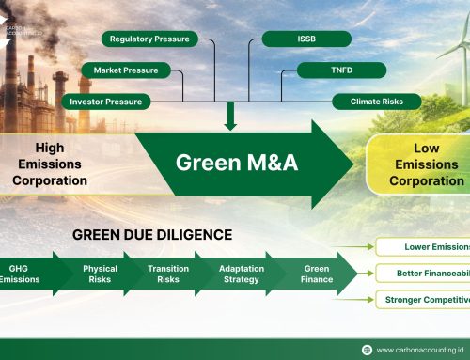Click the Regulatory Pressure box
click(x=149, y=39)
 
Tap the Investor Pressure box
click(x=105, y=101)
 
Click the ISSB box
click(x=305, y=39)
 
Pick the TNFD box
click(x=341, y=70)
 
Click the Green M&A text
click(x=236, y=162)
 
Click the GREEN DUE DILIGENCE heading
click(x=151, y=234)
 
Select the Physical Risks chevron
click(x=100, y=274)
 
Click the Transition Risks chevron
click(x=168, y=274)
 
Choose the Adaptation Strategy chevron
click(x=242, y=274)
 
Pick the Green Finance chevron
click(x=316, y=274)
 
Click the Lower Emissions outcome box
click(x=424, y=247)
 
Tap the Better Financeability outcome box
click(x=424, y=274)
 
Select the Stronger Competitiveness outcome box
click(x=424, y=300)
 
